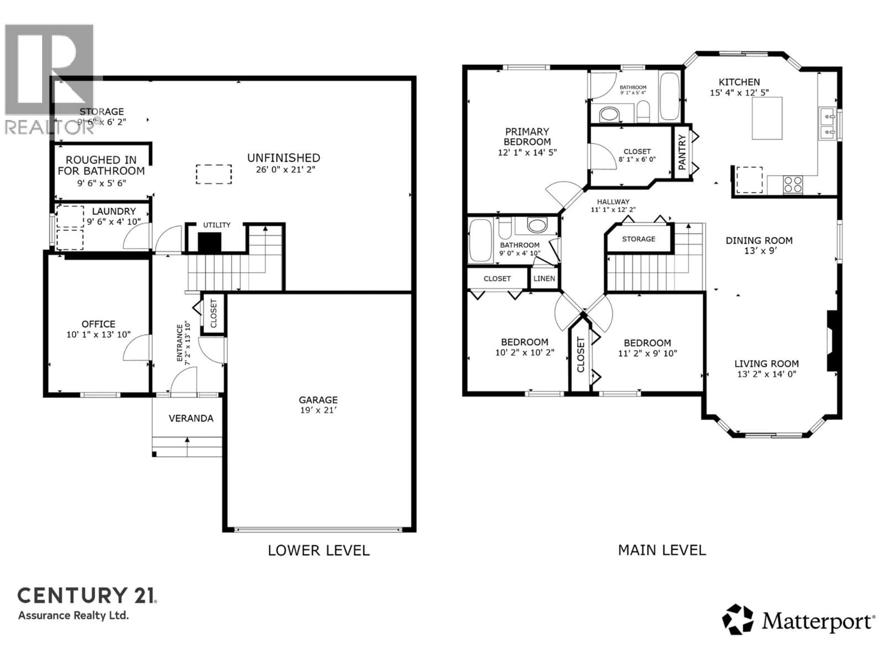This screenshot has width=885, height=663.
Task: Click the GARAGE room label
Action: pos(318,400)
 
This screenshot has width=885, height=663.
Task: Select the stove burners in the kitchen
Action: pos(793,185)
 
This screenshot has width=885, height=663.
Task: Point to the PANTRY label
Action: pos(682,152)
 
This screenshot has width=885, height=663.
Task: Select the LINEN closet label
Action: pos(544,279)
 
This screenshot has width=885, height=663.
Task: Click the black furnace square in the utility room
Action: pos(210,243)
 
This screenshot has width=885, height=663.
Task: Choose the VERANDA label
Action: pos(191,419)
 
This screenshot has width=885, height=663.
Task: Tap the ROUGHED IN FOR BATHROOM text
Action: pos(101,165)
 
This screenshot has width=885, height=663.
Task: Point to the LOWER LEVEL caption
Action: pos(319,550)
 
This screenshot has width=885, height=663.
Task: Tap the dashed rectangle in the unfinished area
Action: pos(214,174)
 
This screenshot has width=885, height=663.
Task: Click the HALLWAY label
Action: pos(613,202)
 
